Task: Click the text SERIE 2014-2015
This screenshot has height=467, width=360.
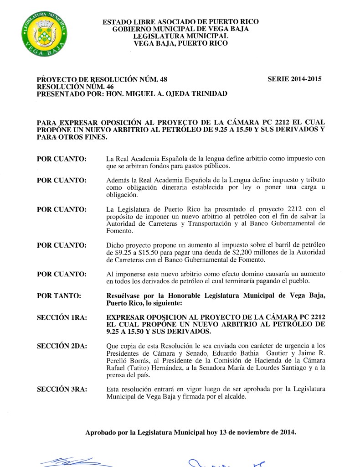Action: click(x=295, y=79)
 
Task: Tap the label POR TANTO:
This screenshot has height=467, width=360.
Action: click(x=59, y=296)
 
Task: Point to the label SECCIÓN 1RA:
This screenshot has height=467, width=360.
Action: click(x=62, y=317)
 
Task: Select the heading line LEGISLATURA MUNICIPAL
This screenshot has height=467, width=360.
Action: click(x=180, y=36)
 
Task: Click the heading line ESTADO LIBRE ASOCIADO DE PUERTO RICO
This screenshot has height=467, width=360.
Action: click(x=180, y=21)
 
